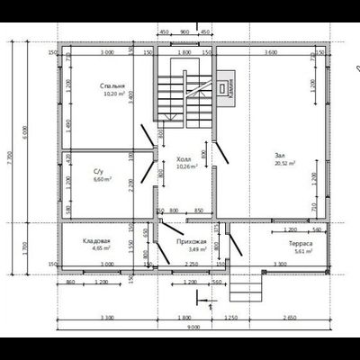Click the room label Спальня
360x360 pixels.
112,85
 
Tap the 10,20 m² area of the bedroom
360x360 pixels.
112,93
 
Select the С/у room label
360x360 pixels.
99,171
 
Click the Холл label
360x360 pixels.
184,157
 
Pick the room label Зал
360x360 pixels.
280,155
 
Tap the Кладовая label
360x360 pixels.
95,242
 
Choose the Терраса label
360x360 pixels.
300,243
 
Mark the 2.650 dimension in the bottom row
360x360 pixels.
288,318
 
